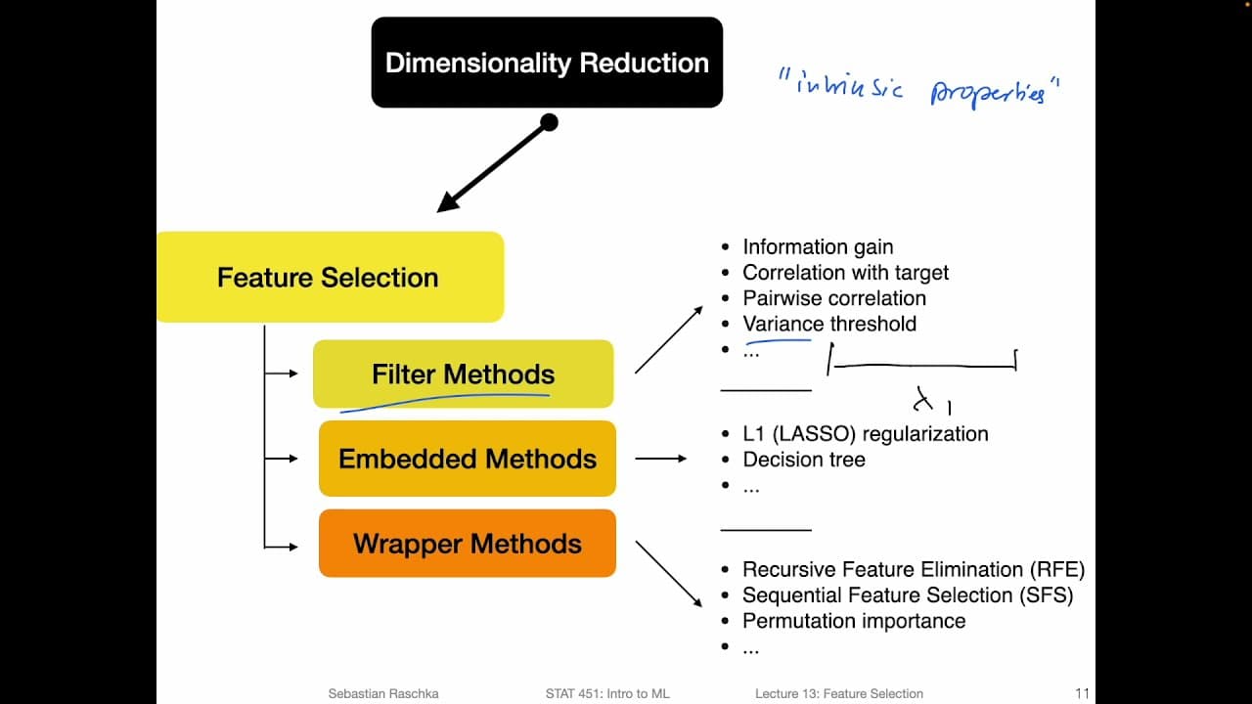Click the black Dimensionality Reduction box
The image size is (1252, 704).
(547, 63)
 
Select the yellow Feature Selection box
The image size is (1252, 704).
(329, 277)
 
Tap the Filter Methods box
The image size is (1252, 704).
(463, 374)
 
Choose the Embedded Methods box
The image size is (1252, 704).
(467, 459)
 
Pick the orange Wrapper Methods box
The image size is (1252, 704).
(467, 544)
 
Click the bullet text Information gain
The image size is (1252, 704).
(817, 247)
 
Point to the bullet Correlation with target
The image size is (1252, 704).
(845, 273)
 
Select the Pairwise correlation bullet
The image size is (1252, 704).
(833, 298)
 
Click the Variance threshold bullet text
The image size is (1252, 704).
(828, 324)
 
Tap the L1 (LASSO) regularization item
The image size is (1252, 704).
(865, 434)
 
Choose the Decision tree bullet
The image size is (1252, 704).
(803, 460)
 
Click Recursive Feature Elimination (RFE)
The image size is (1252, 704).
(913, 570)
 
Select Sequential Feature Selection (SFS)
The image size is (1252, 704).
(907, 595)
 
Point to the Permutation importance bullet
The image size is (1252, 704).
(853, 621)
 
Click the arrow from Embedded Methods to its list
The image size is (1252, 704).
(661, 458)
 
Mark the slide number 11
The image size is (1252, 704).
(1082, 693)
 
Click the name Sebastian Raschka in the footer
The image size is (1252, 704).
(383, 693)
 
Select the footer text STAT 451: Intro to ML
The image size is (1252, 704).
(607, 693)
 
